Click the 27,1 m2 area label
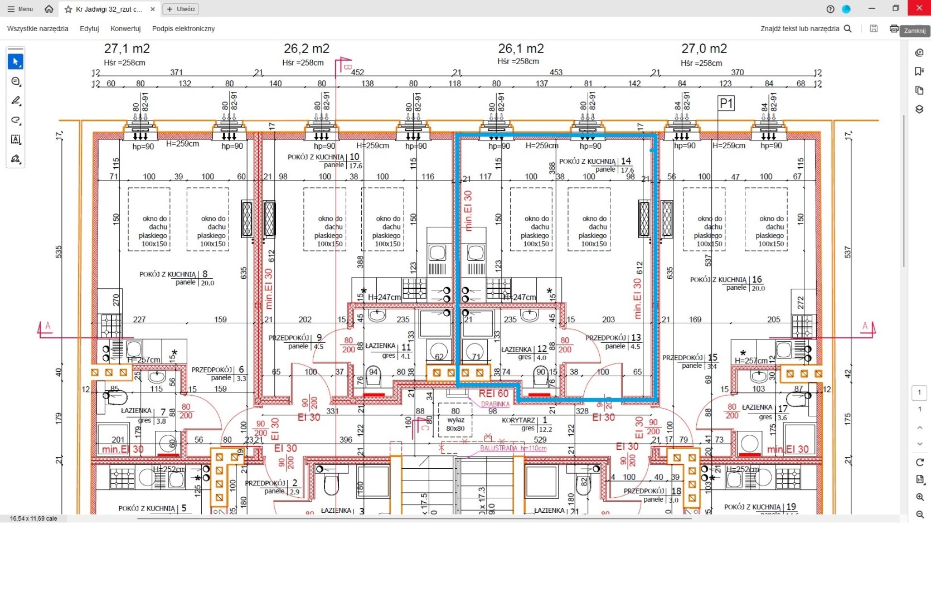coord(127,49)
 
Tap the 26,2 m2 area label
coord(306,49)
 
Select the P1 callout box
coord(726,103)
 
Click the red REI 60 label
coord(493,394)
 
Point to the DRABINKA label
coord(495,404)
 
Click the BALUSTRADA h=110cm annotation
coord(513,448)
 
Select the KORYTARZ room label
coord(518,420)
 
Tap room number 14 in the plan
coord(626,161)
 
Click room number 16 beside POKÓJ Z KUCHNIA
coord(757,279)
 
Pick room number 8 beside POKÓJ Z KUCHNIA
coord(205,274)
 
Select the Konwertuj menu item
coord(125,28)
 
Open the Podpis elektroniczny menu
coord(183,28)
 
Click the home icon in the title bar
coord(49,9)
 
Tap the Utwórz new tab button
coord(181,9)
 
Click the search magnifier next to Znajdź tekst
coord(847,28)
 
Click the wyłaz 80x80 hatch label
coord(455,424)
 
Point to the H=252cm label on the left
coord(169,469)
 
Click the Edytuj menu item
coord(89,28)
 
